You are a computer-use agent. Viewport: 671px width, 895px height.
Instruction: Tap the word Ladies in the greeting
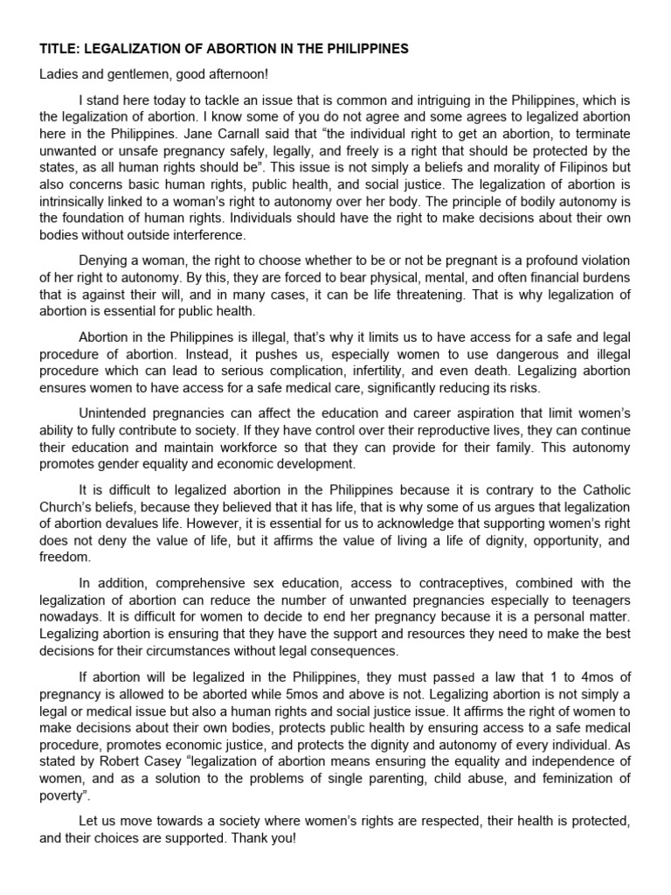57,75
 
